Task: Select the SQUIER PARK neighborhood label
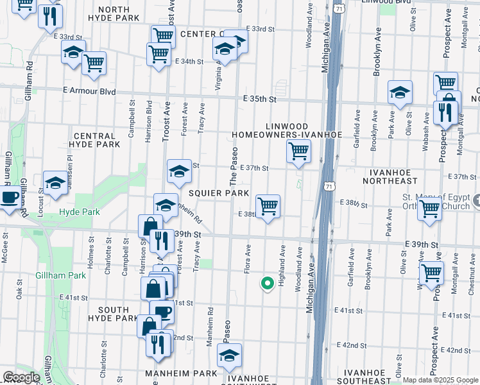(x=218, y=193)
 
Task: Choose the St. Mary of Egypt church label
(x=436, y=201)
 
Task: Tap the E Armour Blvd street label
(x=89, y=92)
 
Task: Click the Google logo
(x=21, y=377)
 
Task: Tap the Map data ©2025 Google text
(x=440, y=380)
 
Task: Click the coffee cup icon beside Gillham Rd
(x=8, y=199)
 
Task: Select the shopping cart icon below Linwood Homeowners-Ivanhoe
(x=298, y=153)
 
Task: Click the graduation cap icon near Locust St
(x=55, y=183)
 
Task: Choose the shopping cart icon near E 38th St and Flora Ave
(x=268, y=207)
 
